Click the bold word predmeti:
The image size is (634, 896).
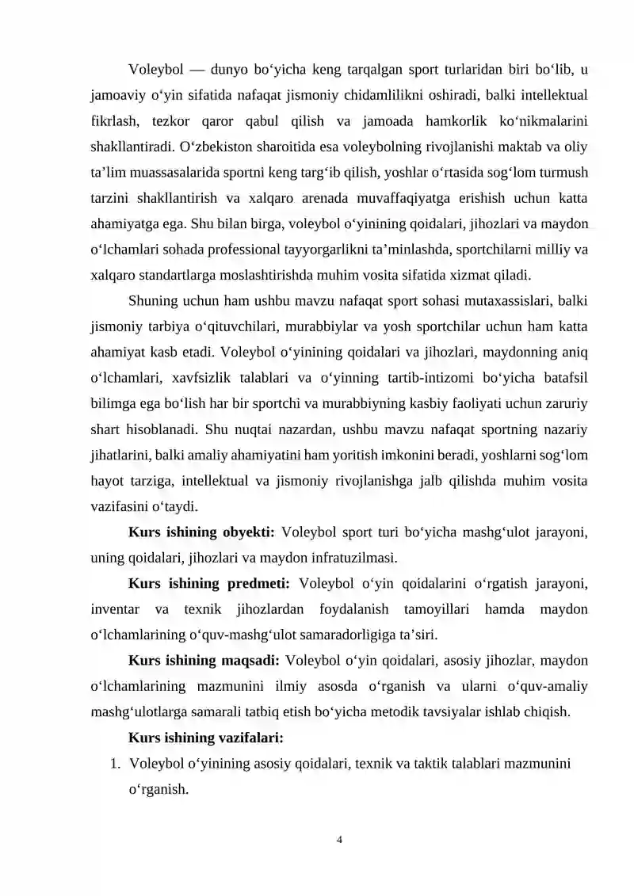tap(254, 584)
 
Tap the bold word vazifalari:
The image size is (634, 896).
tap(249, 738)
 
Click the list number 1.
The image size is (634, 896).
tap(115, 764)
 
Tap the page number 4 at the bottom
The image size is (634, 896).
tap(339, 839)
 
